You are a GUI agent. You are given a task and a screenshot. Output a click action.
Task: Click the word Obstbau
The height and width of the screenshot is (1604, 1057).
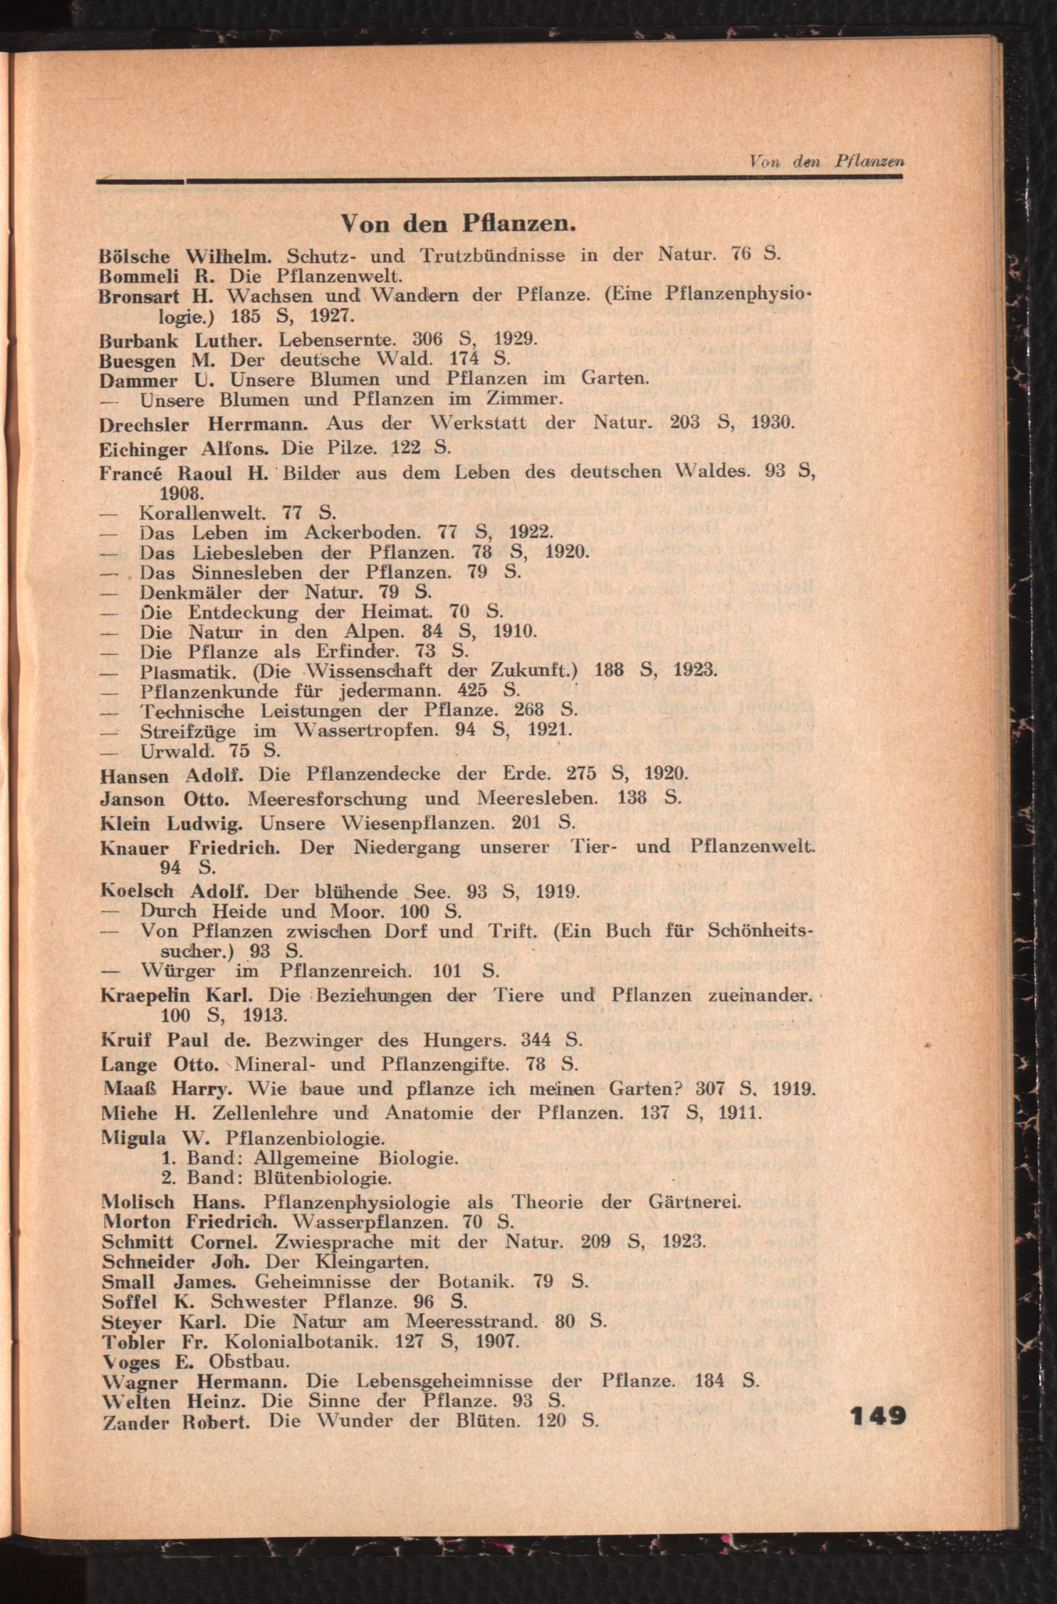(249, 1361)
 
